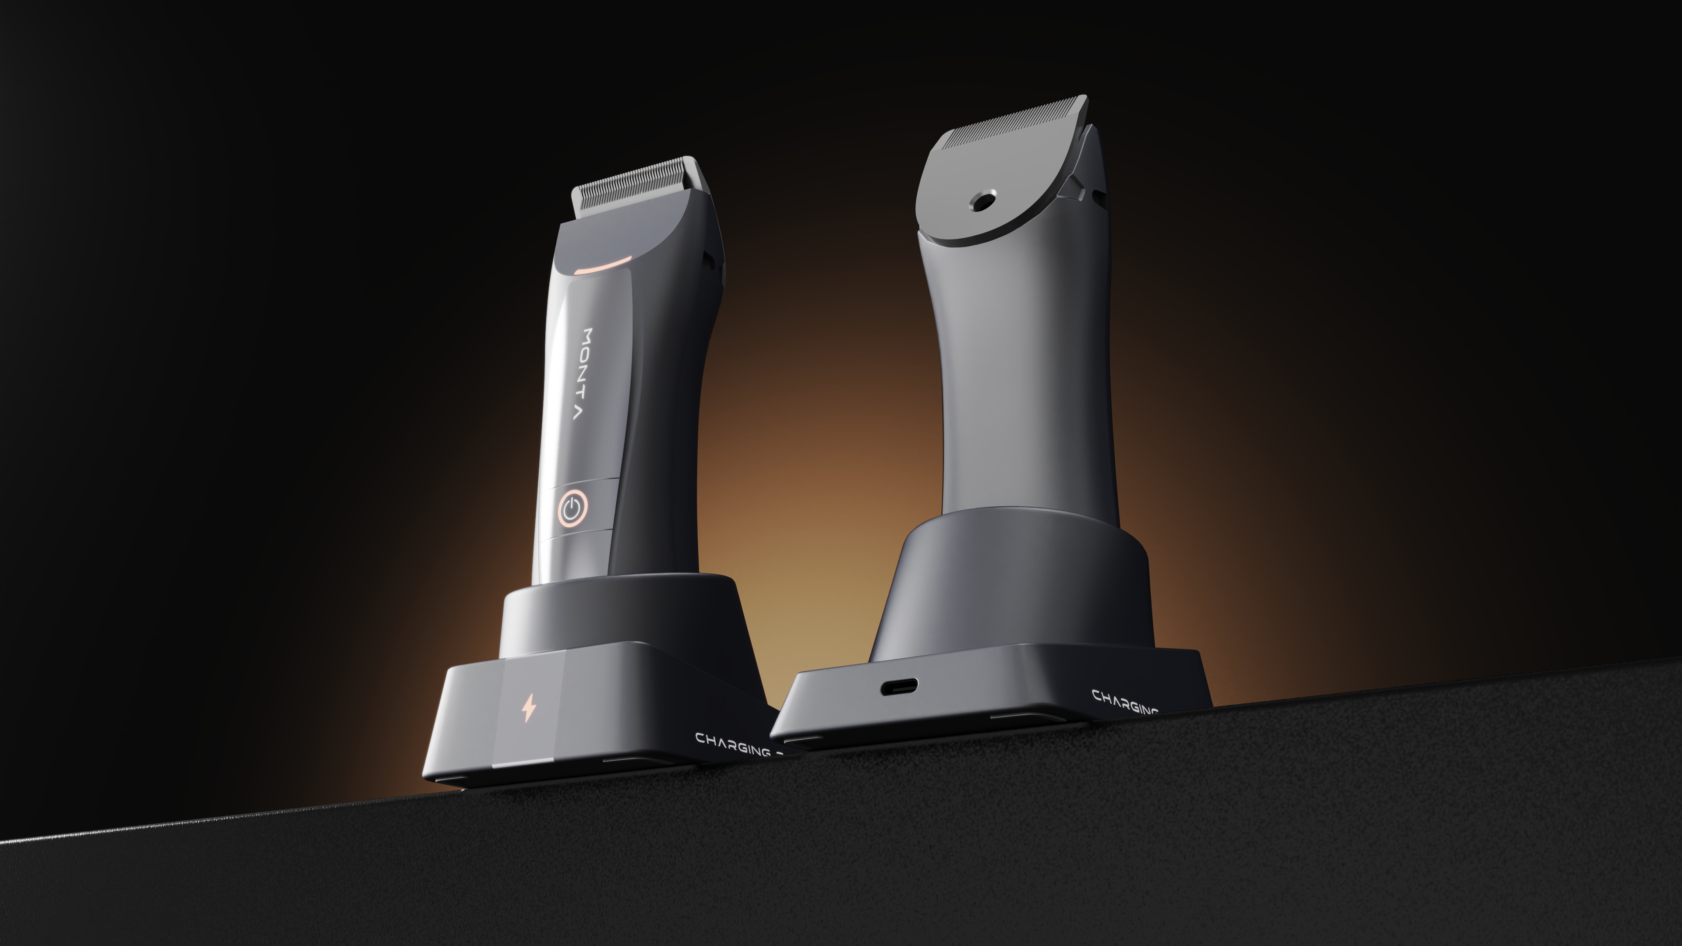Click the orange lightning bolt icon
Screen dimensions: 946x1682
[x=528, y=708]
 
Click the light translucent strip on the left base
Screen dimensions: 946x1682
[x=529, y=715]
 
